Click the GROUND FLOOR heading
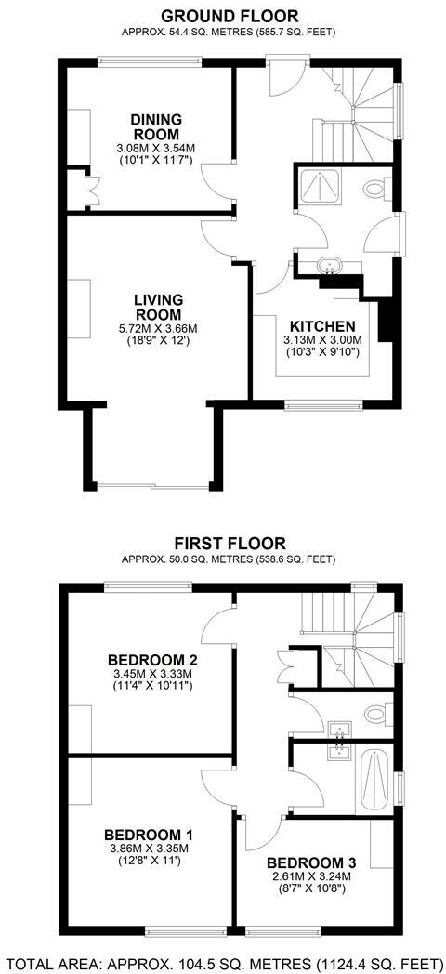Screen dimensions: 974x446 coord(230,16)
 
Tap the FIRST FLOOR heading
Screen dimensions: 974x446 coord(229,543)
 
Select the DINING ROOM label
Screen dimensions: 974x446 coord(156,127)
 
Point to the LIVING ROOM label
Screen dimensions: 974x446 coord(157,308)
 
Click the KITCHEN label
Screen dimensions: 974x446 coord(322,326)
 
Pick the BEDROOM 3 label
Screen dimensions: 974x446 coord(309,862)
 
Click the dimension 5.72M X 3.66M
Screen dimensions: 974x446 coord(158,328)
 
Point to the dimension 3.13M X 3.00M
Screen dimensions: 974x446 coord(322,341)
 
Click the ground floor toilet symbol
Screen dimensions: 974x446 coord(375,190)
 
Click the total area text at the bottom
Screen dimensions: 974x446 coord(223,961)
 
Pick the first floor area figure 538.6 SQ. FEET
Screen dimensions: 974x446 coord(295,559)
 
